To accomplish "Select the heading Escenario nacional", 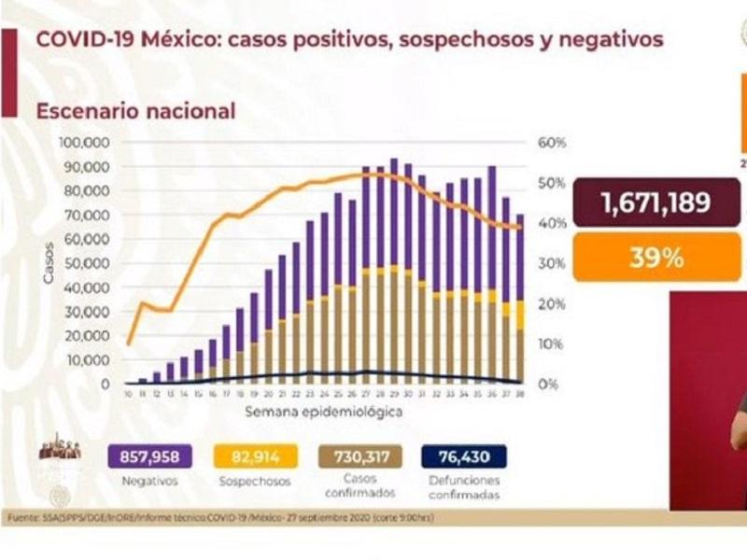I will pos(135,111).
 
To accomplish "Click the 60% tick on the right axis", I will pos(552,143).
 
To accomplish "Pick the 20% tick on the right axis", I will pos(551,303).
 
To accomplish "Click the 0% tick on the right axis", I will pos(548,384).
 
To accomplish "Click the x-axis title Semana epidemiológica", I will pos(324,411).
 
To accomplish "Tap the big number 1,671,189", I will pos(656,203).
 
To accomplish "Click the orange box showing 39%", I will pos(656,258).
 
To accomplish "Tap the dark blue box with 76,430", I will pos(463,456).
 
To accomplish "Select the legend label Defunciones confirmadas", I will pos(464,486).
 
